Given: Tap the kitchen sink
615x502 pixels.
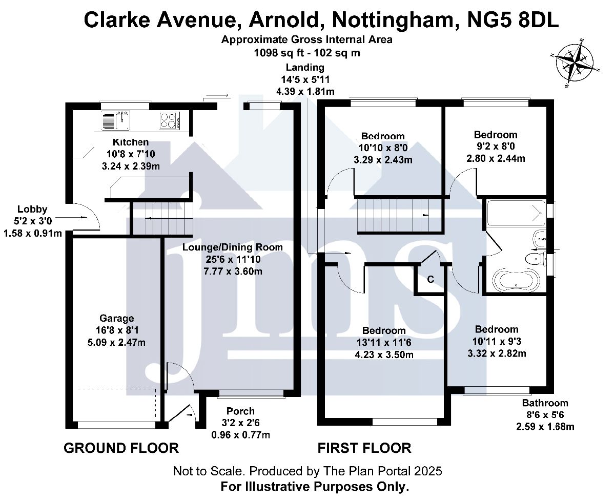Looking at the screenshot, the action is (x=116, y=120).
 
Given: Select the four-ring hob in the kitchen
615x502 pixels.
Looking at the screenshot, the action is (x=170, y=121).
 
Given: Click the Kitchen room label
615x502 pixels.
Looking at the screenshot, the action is (x=130, y=142).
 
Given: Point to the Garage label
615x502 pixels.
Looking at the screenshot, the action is (x=117, y=318).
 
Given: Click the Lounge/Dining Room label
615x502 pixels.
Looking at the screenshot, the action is (x=232, y=247).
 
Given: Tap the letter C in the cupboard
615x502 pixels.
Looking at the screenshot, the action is (x=430, y=279).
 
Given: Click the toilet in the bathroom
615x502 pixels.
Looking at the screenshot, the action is (x=536, y=259).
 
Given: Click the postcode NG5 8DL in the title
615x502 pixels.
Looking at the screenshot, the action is (x=512, y=20).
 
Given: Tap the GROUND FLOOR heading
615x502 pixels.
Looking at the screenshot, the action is (x=121, y=448).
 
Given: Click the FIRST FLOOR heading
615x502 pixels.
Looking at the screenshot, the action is (x=364, y=448).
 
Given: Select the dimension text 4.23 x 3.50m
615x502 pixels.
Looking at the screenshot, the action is (x=384, y=354).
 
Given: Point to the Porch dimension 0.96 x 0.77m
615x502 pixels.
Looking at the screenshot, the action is (x=240, y=435).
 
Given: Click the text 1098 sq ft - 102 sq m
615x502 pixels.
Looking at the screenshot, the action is (x=307, y=53).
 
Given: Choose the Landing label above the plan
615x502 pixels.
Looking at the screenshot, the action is (x=305, y=67).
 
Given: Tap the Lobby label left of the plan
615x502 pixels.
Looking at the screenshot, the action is (x=32, y=209).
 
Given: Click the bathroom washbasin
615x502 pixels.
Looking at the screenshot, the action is (x=540, y=239).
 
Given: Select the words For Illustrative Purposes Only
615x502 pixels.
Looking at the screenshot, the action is (x=315, y=487).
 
